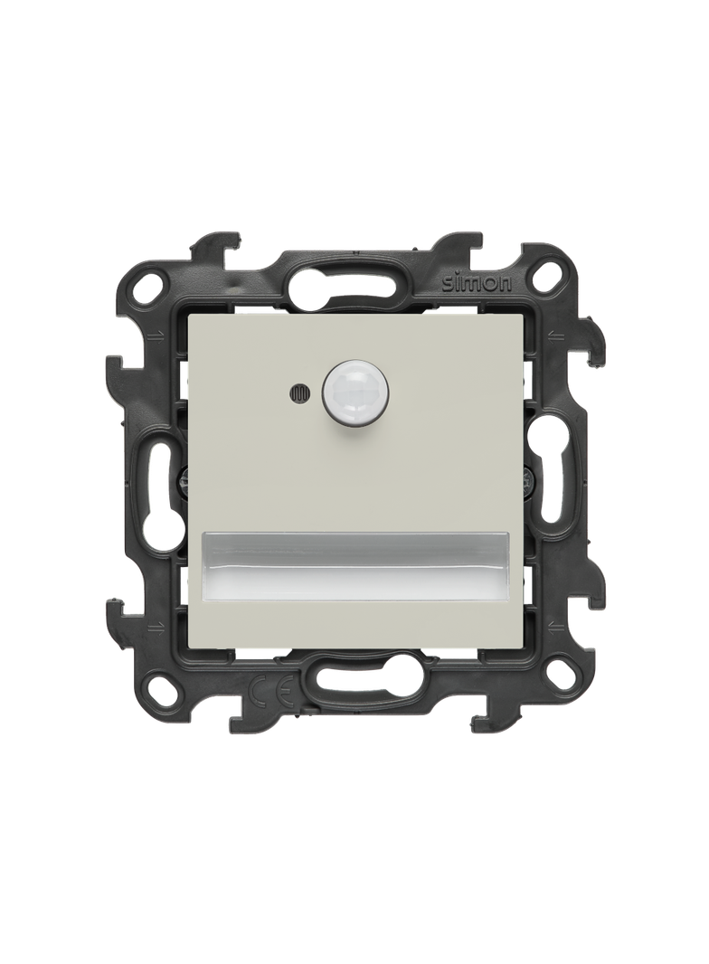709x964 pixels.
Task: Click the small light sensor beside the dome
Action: (297, 392)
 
